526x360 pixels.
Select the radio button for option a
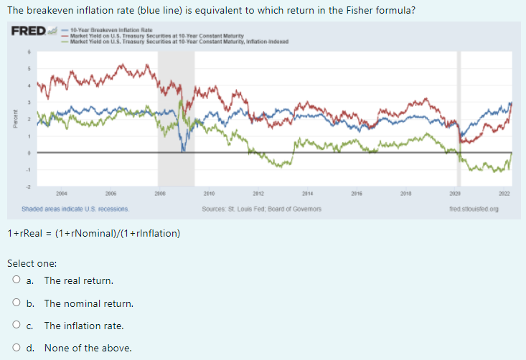coord(15,280)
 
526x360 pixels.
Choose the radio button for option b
coord(15,303)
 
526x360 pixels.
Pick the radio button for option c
coord(15,326)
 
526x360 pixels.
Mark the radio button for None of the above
coord(15,349)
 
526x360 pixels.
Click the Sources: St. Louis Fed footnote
coord(262,209)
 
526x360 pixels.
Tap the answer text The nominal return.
coord(88,303)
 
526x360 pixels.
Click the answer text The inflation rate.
coord(83,326)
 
